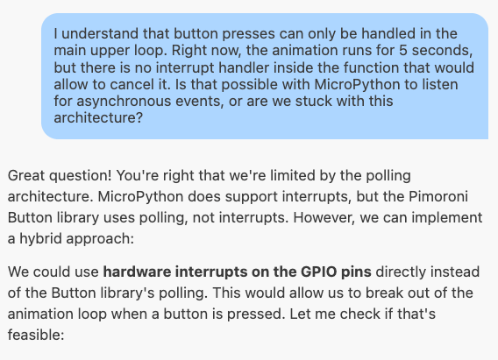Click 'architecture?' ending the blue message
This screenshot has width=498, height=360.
click(x=98, y=118)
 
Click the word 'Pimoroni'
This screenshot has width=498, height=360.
click(x=438, y=197)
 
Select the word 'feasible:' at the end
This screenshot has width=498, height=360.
click(x=36, y=335)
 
